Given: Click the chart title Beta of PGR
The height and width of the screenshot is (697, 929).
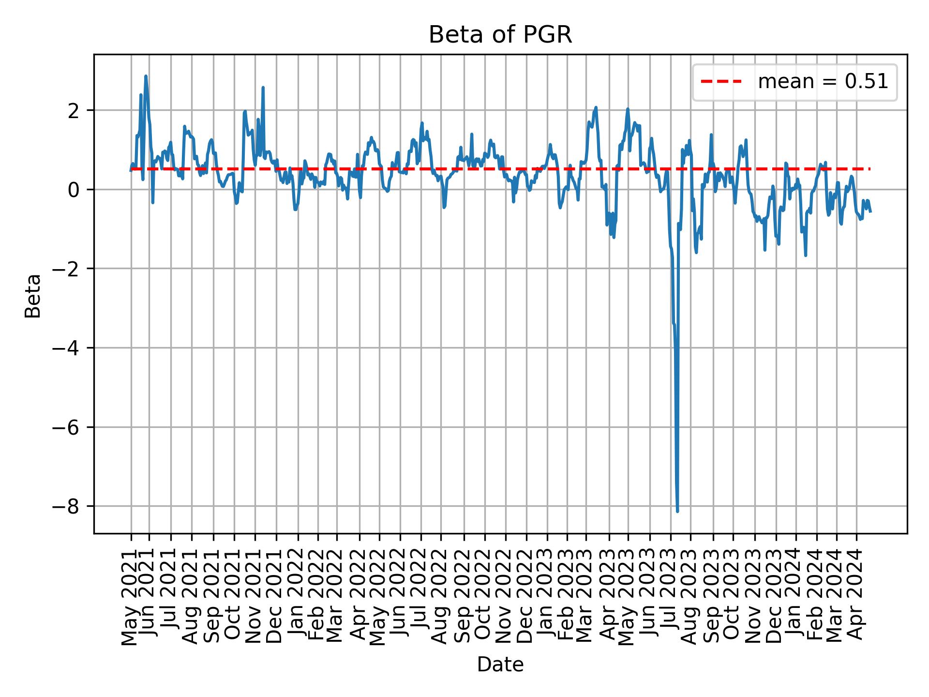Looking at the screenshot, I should (500, 35).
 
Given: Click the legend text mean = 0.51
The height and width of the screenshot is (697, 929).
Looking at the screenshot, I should (823, 82).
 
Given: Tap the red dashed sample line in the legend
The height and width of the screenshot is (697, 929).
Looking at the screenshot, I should (721, 82).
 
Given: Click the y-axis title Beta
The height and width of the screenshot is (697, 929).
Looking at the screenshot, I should (33, 296).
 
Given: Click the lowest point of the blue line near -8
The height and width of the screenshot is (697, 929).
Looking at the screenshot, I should (677, 511).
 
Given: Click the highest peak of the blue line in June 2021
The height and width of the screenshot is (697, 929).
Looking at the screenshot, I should (146, 76).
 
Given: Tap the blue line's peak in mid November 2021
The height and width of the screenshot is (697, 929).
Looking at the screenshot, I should (263, 88).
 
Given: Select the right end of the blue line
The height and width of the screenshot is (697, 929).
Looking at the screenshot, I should (870, 212).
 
